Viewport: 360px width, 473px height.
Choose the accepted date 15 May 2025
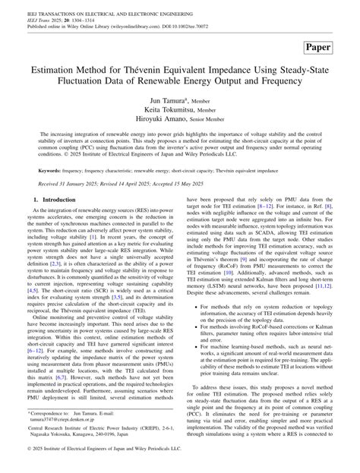(203, 184)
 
